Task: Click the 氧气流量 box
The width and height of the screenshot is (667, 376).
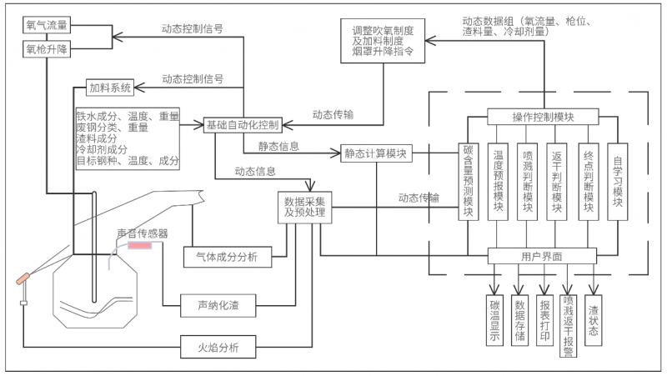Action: [46, 26]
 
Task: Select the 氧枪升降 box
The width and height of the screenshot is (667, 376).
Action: [46, 49]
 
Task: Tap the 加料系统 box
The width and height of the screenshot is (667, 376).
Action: [112, 87]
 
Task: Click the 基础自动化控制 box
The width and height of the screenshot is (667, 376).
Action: [243, 125]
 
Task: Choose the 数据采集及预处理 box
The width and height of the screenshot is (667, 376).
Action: [304, 208]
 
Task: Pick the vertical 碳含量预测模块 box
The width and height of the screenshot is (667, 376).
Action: [469, 183]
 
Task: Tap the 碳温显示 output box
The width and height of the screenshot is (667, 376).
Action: [494, 318]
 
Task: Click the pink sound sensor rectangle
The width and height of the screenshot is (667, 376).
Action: [139, 246]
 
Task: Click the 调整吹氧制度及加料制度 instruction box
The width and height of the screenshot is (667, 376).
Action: [384, 40]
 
